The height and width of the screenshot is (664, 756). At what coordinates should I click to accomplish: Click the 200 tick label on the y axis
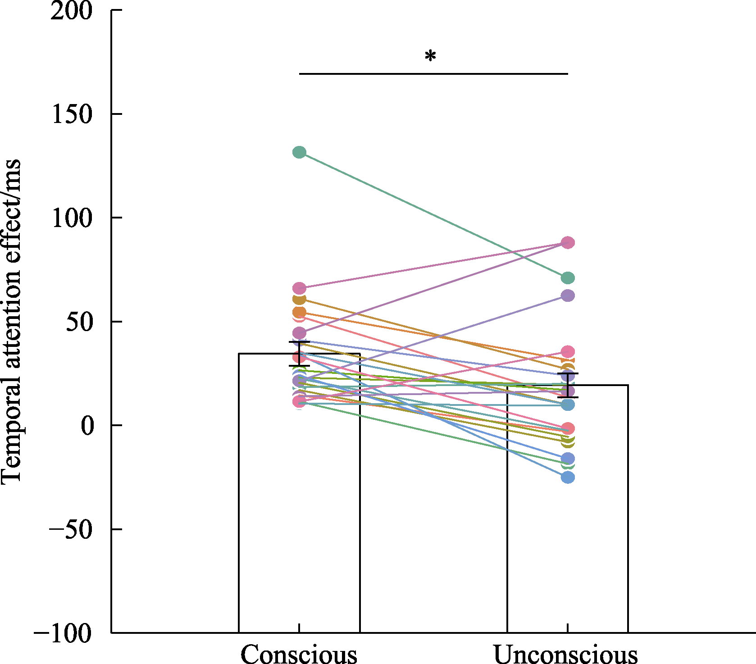coord(71,11)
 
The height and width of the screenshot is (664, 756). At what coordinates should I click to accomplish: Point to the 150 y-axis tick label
coord(71,114)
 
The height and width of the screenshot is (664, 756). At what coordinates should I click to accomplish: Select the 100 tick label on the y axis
coord(71,218)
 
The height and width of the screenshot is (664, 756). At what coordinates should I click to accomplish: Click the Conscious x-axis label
coord(299,654)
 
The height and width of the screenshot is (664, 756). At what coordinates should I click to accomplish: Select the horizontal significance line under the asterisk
coord(433,74)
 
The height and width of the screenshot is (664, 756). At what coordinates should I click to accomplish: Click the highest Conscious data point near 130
coord(299,152)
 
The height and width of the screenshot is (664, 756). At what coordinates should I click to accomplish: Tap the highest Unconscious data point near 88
coord(568,243)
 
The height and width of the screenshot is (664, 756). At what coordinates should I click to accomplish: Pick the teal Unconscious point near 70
coord(568,278)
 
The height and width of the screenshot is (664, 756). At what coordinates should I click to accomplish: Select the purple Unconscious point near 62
coord(568,296)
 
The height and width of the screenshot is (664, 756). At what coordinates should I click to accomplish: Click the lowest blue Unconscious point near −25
coord(568,478)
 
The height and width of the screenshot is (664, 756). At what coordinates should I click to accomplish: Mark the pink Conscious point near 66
coord(299,288)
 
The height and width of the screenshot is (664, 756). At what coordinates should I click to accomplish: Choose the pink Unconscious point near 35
coord(568,352)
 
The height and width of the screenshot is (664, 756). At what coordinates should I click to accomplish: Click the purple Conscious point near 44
coord(299,333)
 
